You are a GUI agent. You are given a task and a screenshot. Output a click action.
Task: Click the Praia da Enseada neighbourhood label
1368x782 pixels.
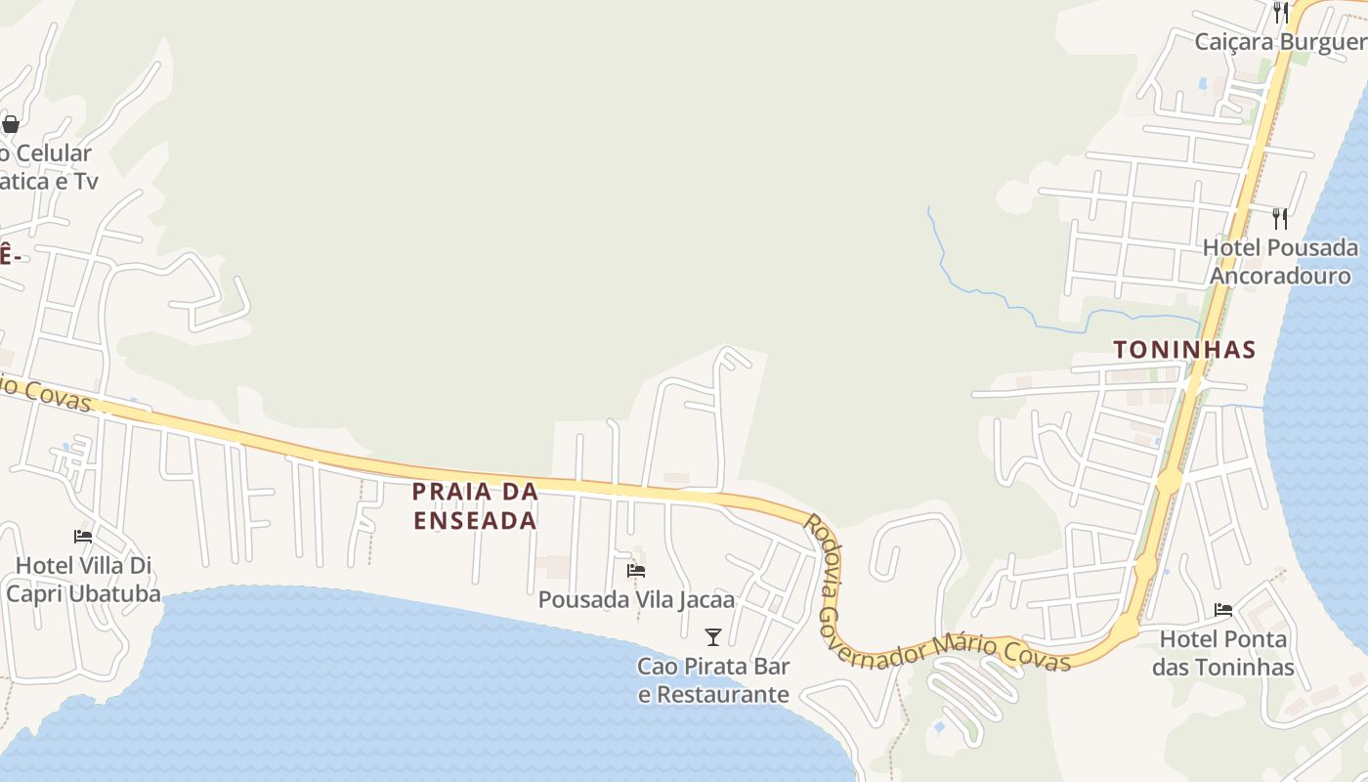coord(475,505)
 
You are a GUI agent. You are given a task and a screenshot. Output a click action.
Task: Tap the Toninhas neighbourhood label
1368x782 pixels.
coord(1184,349)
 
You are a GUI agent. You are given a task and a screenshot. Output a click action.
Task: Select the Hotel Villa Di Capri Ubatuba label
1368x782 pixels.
coord(84,579)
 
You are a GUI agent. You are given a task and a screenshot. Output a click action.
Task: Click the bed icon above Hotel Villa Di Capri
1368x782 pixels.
coord(83,537)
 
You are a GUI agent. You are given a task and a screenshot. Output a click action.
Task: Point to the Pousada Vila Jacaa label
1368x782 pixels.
coord(636,598)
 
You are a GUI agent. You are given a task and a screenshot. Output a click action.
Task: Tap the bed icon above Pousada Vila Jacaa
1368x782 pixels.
coord(636,571)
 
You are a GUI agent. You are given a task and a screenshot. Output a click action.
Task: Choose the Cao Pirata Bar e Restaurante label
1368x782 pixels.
coord(713,680)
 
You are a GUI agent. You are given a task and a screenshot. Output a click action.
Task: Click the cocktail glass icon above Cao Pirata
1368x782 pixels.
coord(713,637)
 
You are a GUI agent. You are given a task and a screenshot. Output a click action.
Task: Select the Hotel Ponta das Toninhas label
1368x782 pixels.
coord(1223,653)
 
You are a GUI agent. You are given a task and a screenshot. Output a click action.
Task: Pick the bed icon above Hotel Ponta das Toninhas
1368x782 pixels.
coord(1223,611)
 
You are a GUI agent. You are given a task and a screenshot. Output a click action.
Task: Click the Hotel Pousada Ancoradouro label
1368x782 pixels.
coord(1280,261)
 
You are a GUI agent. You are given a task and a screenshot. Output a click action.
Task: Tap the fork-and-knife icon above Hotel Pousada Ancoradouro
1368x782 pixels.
coord(1280,218)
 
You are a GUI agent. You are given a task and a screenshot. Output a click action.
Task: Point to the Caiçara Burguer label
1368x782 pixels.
coord(1280,42)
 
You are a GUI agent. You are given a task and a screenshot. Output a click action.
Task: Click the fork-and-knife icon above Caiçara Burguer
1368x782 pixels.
coord(1280,12)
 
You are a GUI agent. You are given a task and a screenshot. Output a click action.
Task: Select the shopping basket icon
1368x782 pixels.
coord(11,124)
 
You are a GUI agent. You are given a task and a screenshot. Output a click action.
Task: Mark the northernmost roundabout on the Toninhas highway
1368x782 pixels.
coord(1170,480)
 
